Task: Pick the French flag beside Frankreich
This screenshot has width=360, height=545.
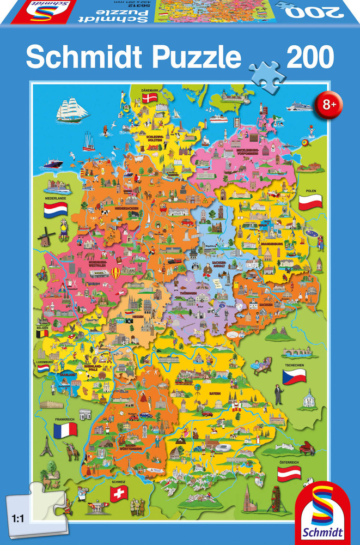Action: coord(65,431)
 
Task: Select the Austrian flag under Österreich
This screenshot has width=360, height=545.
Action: coord(289,473)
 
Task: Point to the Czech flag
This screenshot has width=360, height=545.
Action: coord(294,376)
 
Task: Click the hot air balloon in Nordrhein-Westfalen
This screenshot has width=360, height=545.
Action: coord(115,272)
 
